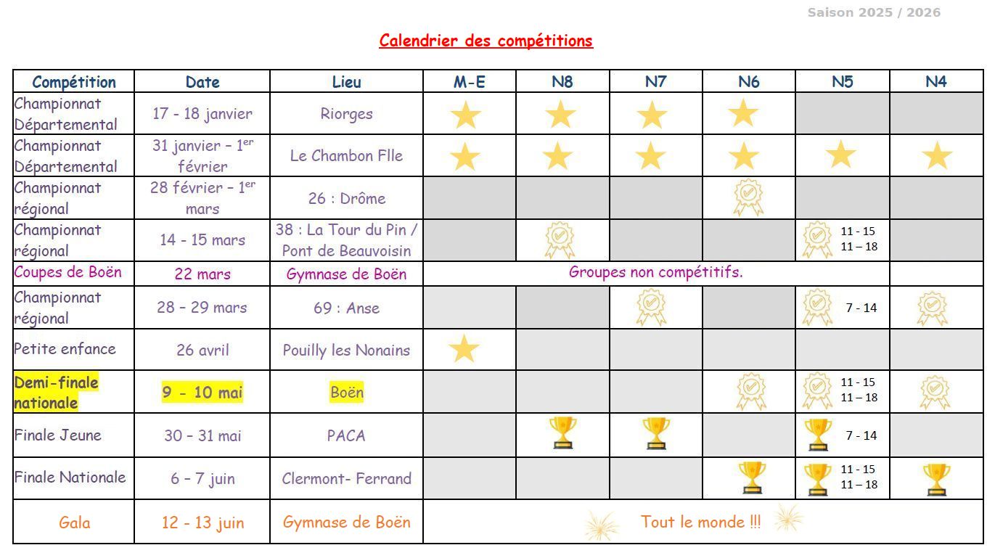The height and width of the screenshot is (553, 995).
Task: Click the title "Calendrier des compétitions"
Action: click(486, 41)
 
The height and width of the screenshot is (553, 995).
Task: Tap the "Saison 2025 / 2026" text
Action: click(873, 12)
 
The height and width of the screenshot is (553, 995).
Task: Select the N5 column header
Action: click(842, 81)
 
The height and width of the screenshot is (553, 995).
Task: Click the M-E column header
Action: click(469, 81)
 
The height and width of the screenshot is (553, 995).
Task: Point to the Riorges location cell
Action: click(346, 113)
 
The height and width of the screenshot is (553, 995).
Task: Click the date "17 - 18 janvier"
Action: click(202, 113)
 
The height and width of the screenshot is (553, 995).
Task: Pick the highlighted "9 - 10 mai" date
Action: click(202, 393)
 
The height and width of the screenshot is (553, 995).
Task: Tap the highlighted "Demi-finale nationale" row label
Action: click(56, 392)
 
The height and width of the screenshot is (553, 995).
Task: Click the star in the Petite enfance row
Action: click(464, 349)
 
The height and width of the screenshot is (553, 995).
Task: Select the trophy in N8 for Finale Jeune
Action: click(562, 433)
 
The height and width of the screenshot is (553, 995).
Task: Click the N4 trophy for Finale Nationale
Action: click(936, 479)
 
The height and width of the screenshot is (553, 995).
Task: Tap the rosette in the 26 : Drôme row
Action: click(748, 197)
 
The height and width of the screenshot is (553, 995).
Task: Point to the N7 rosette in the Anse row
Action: click(651, 307)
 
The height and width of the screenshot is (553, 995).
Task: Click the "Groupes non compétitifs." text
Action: click(655, 272)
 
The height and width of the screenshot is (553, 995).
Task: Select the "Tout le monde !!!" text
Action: click(700, 522)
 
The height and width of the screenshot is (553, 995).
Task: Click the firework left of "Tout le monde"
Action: click(602, 525)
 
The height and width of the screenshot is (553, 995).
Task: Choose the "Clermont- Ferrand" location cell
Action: click(346, 478)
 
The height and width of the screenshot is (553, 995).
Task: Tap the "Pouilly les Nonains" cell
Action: click(346, 350)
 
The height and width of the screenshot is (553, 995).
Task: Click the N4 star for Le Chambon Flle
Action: click(937, 156)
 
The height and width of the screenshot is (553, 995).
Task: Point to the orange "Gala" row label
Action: click(74, 523)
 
